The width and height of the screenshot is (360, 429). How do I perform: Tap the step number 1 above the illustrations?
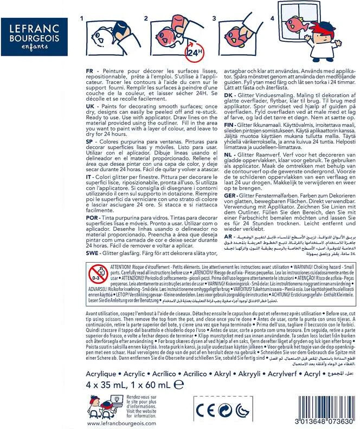click(x=82, y=19)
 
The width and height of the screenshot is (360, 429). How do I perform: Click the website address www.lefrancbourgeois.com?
click(x=121, y=424)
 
